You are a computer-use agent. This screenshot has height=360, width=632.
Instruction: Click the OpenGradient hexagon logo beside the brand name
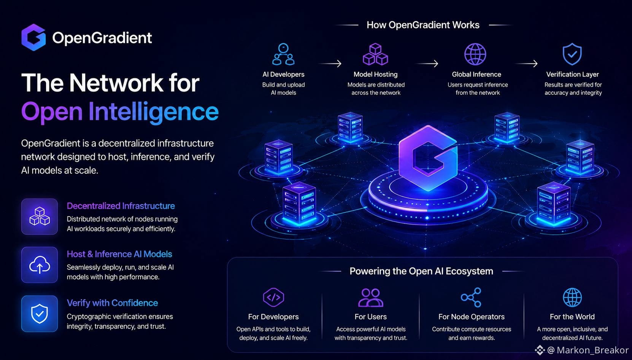33,37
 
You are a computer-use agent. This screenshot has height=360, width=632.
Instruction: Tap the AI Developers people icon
283,54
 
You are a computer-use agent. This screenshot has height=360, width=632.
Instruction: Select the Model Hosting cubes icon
375,54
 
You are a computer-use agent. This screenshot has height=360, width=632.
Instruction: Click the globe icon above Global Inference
475,54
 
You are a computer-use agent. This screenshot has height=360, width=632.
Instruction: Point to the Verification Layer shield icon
572,54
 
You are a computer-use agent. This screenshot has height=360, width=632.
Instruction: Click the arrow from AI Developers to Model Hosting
330,64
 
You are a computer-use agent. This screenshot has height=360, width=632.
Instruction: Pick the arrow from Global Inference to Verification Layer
527,64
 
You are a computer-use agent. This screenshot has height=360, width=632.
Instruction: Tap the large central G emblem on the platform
428,158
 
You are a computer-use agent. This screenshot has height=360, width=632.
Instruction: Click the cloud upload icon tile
40,265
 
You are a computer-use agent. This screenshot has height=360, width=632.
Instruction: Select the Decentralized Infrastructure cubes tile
40,217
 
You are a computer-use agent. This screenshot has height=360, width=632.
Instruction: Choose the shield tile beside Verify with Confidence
40,314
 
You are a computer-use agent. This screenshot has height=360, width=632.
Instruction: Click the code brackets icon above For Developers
273,297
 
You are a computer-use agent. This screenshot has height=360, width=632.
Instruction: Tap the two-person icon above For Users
370,298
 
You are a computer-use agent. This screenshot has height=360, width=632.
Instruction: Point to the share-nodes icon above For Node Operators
471,297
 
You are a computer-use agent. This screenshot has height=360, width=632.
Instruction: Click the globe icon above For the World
572,297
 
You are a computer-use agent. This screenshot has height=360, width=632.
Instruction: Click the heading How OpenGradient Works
423,25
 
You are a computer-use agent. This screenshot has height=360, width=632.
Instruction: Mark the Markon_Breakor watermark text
592,350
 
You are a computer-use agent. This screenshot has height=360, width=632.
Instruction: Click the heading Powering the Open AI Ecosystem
421,271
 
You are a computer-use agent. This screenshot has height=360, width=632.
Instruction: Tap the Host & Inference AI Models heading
119,254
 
